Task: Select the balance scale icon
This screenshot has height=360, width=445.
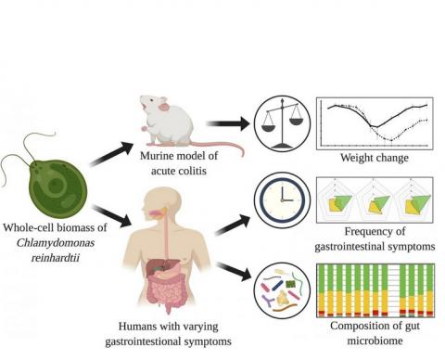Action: (x=282, y=121)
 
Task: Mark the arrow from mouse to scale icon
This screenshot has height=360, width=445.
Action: (x=226, y=122)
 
